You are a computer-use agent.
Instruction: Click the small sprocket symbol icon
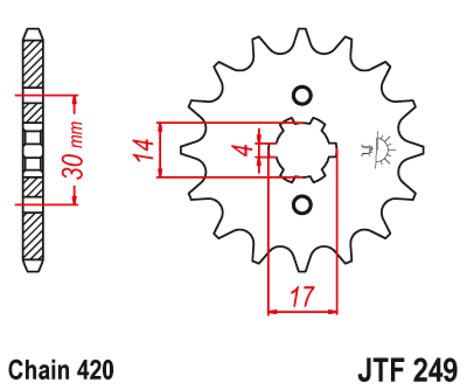point(378,150)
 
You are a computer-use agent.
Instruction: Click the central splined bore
point(302,150)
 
